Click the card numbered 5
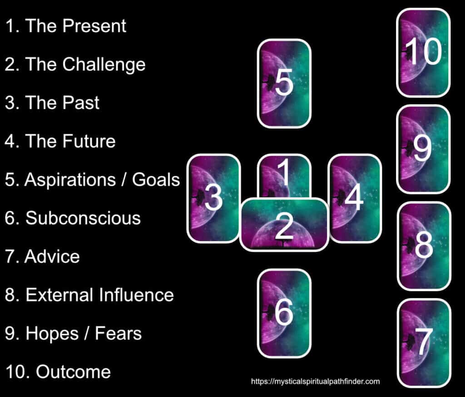(x=284, y=84)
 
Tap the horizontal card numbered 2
(x=284, y=224)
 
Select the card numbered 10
(x=423, y=53)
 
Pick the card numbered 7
(x=424, y=343)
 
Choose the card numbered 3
(x=213, y=198)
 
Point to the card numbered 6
(x=284, y=313)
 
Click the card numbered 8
(x=424, y=246)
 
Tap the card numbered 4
(x=355, y=198)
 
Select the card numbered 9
(x=424, y=149)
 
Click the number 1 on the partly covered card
(x=284, y=172)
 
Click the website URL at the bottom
(x=315, y=381)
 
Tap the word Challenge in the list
(x=104, y=65)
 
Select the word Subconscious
(x=83, y=218)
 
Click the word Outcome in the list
(x=73, y=372)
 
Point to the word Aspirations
(x=70, y=180)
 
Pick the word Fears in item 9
(x=118, y=333)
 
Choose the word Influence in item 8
(x=136, y=295)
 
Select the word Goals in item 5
(x=156, y=180)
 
